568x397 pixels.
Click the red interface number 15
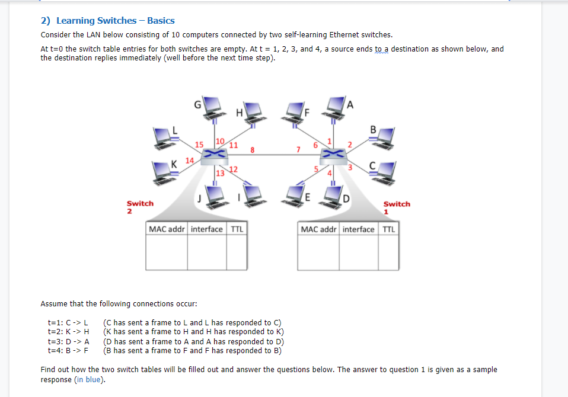199,144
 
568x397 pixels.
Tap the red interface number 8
252,151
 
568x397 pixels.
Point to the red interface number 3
350,168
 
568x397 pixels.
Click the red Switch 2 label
139,206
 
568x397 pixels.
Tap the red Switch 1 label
396,207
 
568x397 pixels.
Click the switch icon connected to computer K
214,155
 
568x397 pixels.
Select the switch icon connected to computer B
333,155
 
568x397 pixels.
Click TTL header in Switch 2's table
237,229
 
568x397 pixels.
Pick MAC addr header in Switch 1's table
320,229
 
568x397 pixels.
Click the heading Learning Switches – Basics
108,20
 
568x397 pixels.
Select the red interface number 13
220,173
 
